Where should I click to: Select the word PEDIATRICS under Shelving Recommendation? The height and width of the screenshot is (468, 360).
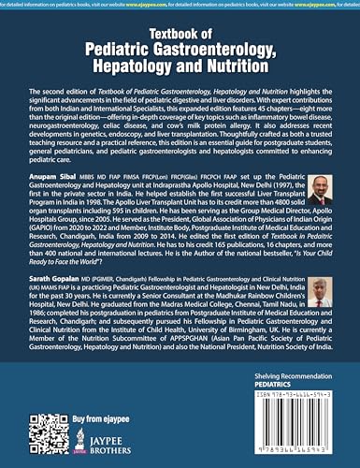click(269, 396)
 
